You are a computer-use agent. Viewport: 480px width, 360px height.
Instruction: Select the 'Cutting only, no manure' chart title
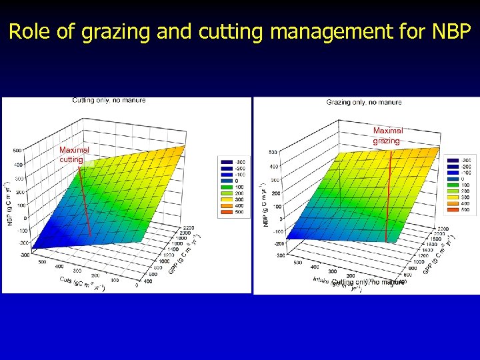(x=109, y=100)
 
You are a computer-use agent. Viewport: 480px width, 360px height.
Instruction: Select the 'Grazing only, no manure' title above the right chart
(x=364, y=102)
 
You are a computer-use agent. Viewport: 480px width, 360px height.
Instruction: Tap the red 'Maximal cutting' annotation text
(x=74, y=155)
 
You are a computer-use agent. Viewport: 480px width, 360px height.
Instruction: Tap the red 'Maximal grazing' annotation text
(x=387, y=136)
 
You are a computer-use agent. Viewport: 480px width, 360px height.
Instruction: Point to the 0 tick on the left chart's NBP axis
(x=24, y=218)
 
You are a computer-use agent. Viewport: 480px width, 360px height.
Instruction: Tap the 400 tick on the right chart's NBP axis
(x=273, y=167)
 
